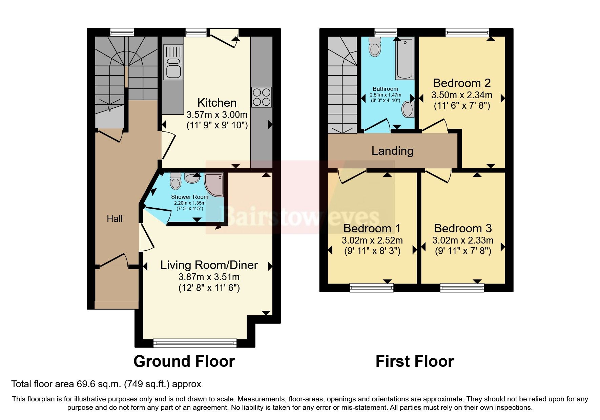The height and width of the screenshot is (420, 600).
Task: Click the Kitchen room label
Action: tap(217, 103)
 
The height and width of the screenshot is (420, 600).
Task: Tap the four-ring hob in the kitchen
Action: tap(261, 97)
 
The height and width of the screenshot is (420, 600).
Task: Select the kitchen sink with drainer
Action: tap(173, 63)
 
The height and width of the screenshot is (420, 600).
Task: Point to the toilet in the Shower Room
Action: tap(175, 181)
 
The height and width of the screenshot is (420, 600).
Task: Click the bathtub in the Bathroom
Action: tap(405, 59)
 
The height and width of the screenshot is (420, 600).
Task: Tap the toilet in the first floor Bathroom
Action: tap(375, 46)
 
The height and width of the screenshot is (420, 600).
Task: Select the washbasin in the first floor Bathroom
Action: tap(408, 109)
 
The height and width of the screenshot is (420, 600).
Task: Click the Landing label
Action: tap(392, 151)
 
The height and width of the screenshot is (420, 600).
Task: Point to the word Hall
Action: tap(115, 219)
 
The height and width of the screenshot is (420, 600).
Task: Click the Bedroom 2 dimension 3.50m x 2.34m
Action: tap(462, 95)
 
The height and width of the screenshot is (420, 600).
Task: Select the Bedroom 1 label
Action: tap(372, 229)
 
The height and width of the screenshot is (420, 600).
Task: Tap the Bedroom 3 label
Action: tap(463, 229)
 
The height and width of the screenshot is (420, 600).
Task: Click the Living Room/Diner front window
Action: tap(195, 343)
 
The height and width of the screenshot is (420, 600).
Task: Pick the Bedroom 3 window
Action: tap(462, 288)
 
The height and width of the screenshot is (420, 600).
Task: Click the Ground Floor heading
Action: tap(184, 361)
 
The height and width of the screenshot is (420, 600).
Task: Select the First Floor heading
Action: tap(414, 361)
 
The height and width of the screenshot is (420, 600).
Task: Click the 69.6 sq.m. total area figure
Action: tap(99, 384)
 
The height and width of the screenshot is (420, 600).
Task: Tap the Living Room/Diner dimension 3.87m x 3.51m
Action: tap(209, 277)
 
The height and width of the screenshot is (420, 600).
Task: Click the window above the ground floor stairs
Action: tap(122, 33)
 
